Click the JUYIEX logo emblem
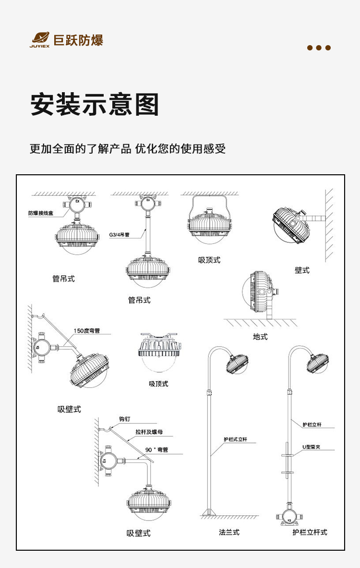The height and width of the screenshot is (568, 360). tap(40, 38)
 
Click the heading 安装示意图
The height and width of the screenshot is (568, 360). tap(95, 104)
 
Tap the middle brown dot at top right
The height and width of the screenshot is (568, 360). tap(319, 48)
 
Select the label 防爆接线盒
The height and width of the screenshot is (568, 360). tap(41, 213)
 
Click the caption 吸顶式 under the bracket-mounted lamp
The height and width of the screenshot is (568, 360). tap(209, 260)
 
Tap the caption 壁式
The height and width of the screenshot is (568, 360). tap(302, 270)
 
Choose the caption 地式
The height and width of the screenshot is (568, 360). tap(260, 337)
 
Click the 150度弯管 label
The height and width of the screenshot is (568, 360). tap(87, 331)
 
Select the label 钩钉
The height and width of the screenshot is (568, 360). tap(124, 419)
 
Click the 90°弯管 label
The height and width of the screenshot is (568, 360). tap(156, 450)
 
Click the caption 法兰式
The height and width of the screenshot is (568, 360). tap(229, 532)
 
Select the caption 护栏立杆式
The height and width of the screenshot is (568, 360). tap(310, 532)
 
